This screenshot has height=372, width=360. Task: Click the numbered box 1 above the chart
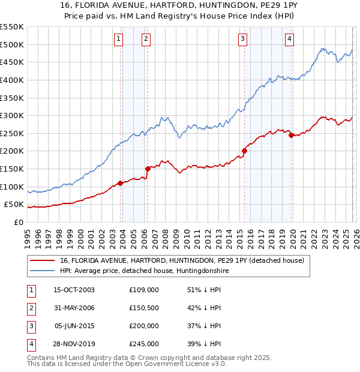[118, 39]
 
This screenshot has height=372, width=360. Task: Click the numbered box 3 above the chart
[242, 39]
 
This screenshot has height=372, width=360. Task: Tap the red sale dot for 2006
[148, 169]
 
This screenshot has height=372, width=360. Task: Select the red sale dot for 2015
[244, 151]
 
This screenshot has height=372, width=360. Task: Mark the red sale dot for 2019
[292, 135]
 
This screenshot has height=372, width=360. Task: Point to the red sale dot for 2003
[120, 183]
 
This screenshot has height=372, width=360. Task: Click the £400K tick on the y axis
[11, 80]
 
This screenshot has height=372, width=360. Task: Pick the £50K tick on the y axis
[13, 205]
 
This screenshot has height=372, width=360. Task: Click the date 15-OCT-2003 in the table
[74, 289]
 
